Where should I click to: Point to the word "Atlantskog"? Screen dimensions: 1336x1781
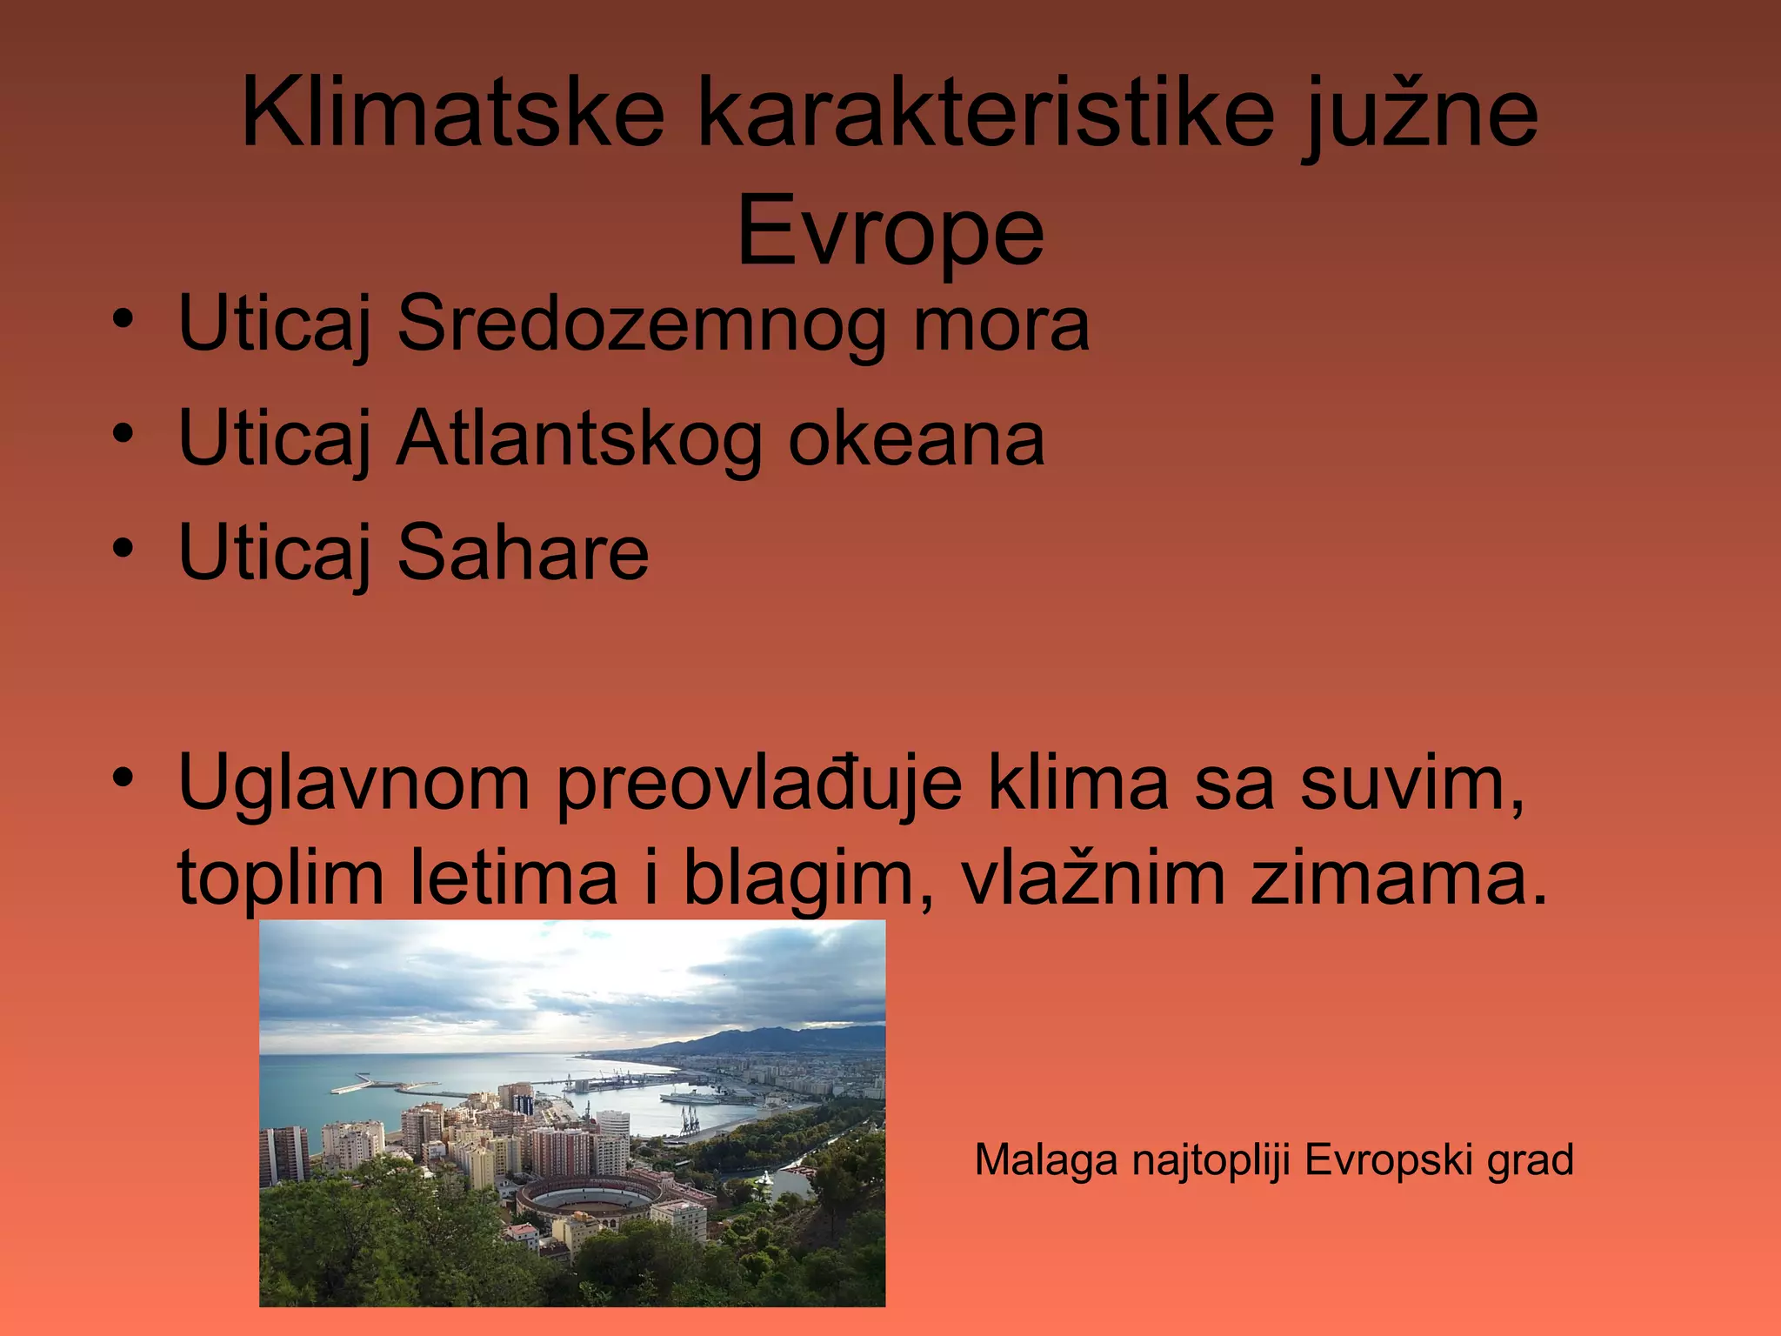click(579, 439)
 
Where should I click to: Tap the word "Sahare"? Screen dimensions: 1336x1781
click(523, 553)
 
